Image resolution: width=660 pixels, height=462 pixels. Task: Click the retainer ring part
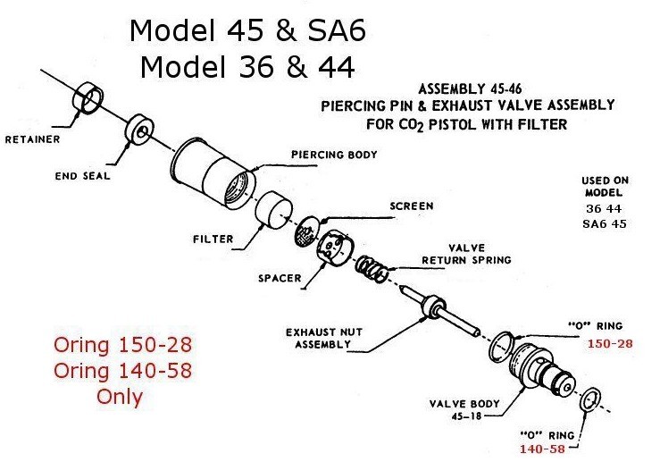pos(90,97)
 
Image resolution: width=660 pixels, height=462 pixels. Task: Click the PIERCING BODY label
pos(334,155)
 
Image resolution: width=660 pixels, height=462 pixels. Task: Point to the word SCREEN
pos(411,206)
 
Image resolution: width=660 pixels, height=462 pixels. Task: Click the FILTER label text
pos(213,239)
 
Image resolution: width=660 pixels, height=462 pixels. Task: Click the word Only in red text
pos(120,396)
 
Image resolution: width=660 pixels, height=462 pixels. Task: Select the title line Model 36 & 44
pos(247,68)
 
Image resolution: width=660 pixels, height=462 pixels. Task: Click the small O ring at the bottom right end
pos(590,400)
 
